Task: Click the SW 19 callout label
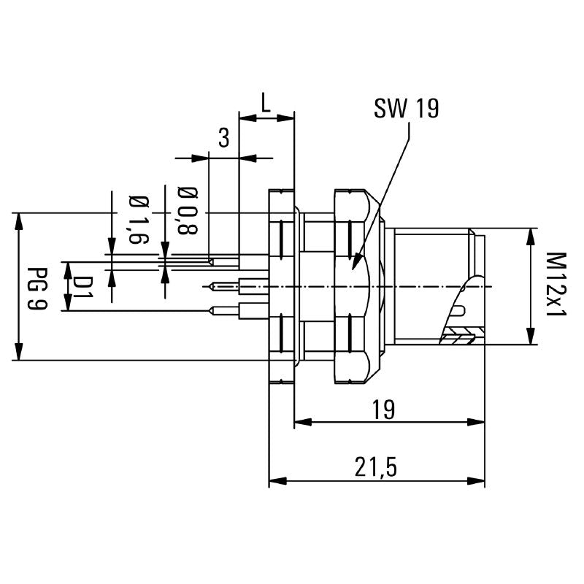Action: [x=406, y=109]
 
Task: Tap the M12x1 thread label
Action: [x=556, y=285]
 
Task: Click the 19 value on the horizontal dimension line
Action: [x=388, y=410]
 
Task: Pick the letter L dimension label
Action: [x=266, y=104]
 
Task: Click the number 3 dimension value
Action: [x=224, y=137]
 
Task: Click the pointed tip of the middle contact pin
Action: [x=210, y=285]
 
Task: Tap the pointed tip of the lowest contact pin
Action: [x=210, y=311]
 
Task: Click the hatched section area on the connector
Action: [x=458, y=337]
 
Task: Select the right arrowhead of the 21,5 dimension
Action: [x=481, y=481]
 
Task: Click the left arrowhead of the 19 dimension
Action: [x=299, y=422]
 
